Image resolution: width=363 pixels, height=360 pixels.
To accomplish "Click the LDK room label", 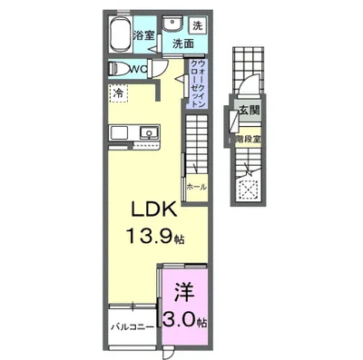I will coord(145,208).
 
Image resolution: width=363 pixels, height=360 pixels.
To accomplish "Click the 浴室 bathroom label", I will coord(144,35).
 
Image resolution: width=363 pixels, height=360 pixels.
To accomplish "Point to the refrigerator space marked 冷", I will coord(118,92).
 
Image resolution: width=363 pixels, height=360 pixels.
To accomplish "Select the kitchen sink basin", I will coord(148,133).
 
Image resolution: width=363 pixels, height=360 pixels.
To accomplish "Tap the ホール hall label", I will coord(194,186).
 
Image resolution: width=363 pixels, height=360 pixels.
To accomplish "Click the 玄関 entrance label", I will coord(250,111).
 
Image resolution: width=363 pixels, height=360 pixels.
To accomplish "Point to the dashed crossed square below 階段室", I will coord(250,187).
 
